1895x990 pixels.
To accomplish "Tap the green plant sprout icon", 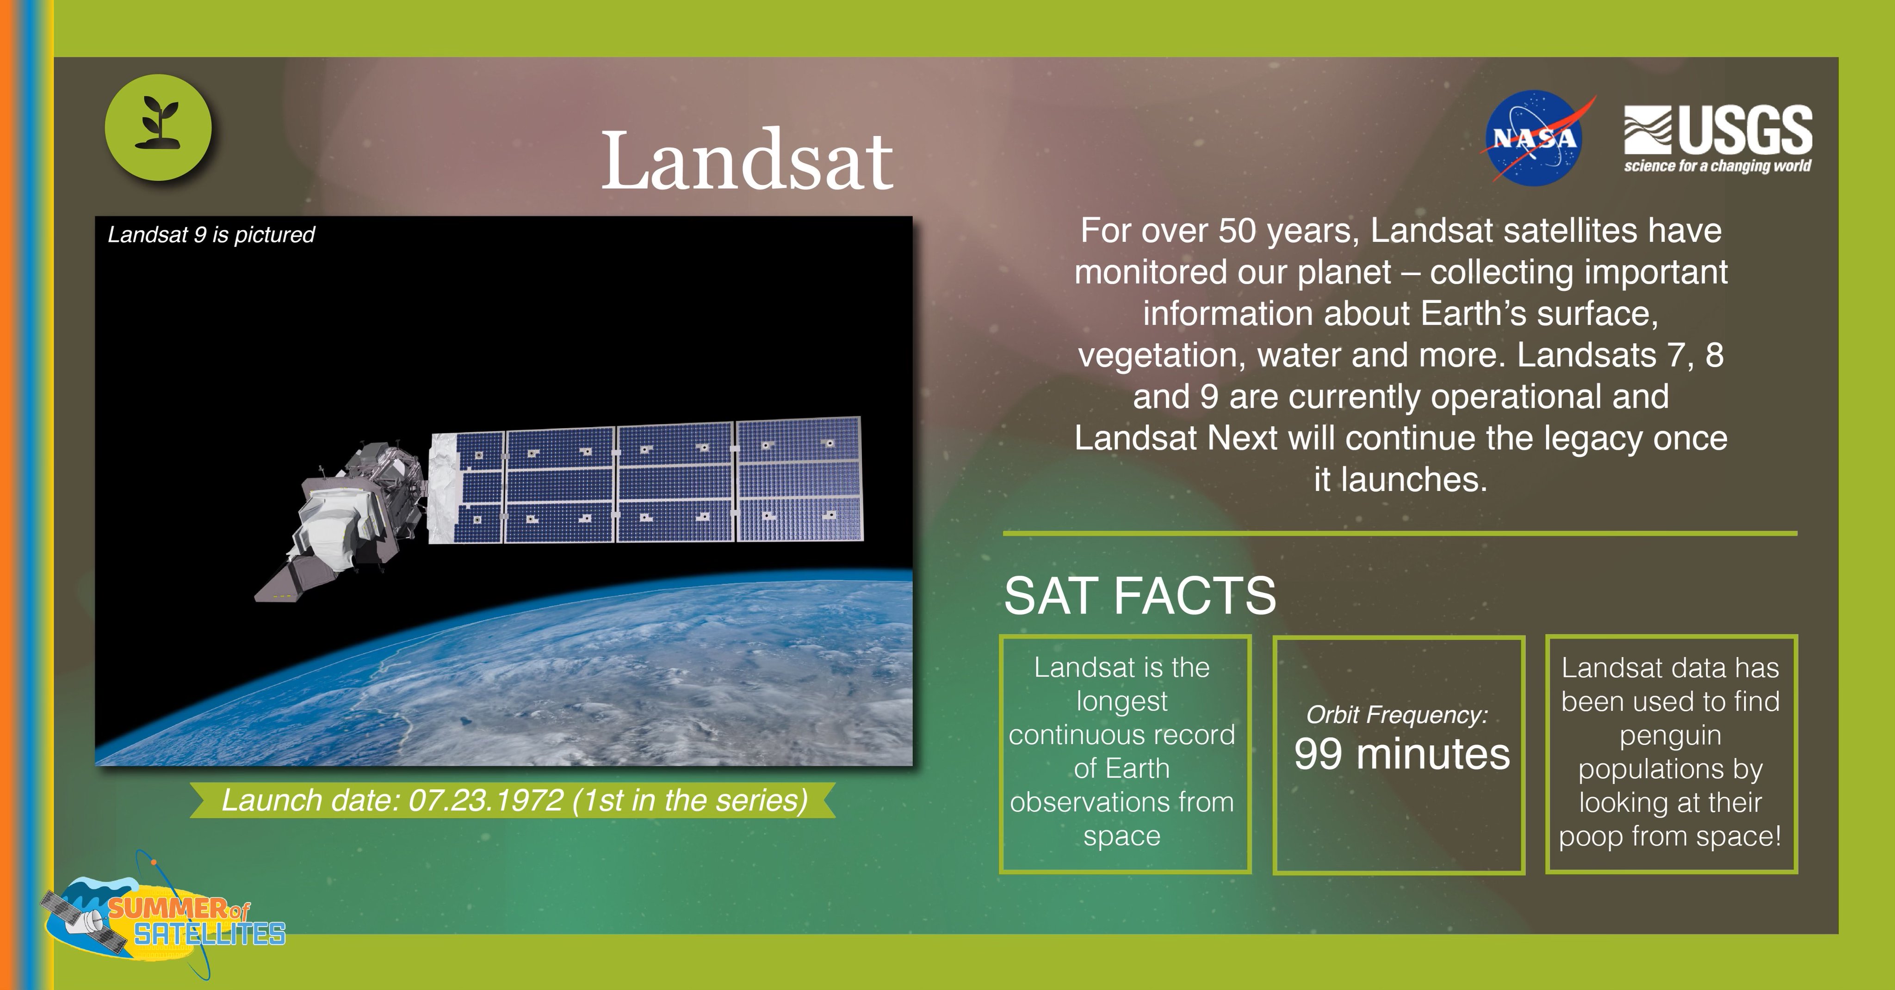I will click(x=158, y=127).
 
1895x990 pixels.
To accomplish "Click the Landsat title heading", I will click(x=747, y=161).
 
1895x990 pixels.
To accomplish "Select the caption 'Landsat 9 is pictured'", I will click(x=211, y=234).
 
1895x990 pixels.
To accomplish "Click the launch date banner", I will click(x=514, y=800).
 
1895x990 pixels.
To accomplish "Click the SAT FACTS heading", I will click(x=1139, y=596).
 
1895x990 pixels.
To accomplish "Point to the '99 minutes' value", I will click(x=1401, y=754).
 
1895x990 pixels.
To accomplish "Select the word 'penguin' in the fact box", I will click(x=1669, y=735).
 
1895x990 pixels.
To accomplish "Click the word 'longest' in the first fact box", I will click(x=1121, y=701).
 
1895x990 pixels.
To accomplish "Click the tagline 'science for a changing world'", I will click(x=1717, y=166).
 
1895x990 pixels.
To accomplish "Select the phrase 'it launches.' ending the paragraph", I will click(x=1400, y=480).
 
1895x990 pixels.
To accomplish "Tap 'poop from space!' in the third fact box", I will click(x=1669, y=836).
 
